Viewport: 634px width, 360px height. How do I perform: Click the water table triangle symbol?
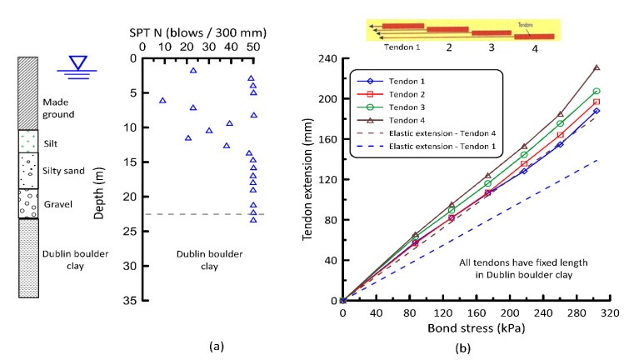coord(79,62)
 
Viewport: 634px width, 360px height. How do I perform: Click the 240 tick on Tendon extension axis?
coord(324,59)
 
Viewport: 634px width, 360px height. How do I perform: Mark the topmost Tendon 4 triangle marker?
coord(597,67)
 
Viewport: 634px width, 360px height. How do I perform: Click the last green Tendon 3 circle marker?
coord(597,91)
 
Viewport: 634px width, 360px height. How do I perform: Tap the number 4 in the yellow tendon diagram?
coord(536,47)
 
